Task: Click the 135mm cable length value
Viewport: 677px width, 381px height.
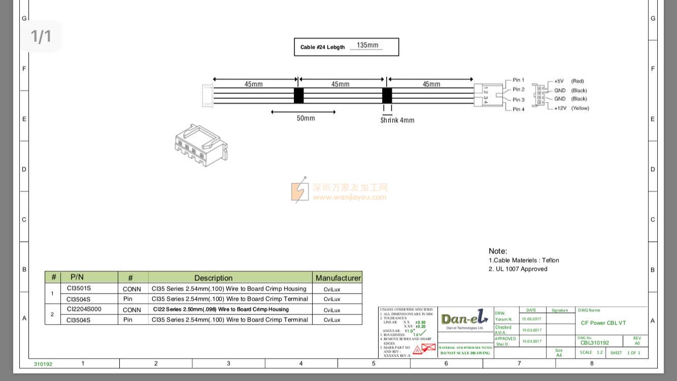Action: [367, 45]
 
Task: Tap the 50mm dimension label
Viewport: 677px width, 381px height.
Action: [306, 118]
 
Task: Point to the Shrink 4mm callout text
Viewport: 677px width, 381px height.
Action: [397, 120]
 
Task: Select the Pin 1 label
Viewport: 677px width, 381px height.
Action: [518, 80]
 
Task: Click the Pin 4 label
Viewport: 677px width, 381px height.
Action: [518, 109]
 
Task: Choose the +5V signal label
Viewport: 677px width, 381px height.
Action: [559, 81]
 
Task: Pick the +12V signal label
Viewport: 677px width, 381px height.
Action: [560, 108]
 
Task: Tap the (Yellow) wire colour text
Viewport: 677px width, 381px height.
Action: [580, 108]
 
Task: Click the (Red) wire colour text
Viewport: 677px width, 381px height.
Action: [578, 81]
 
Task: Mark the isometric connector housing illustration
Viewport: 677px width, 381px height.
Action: [201, 146]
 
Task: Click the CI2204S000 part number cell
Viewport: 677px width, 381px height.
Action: [84, 309]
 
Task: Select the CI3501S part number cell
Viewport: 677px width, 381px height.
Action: [79, 288]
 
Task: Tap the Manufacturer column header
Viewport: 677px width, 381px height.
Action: [338, 278]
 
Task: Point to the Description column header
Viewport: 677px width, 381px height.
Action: [213, 278]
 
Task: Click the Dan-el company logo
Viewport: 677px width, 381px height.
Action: [464, 319]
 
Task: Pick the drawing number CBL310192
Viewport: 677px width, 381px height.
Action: [594, 343]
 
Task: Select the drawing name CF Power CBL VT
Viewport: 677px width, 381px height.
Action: [603, 323]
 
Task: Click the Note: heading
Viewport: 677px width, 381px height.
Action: [497, 251]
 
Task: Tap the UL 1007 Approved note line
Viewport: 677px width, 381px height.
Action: [518, 269]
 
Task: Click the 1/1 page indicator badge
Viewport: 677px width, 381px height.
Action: [41, 36]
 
